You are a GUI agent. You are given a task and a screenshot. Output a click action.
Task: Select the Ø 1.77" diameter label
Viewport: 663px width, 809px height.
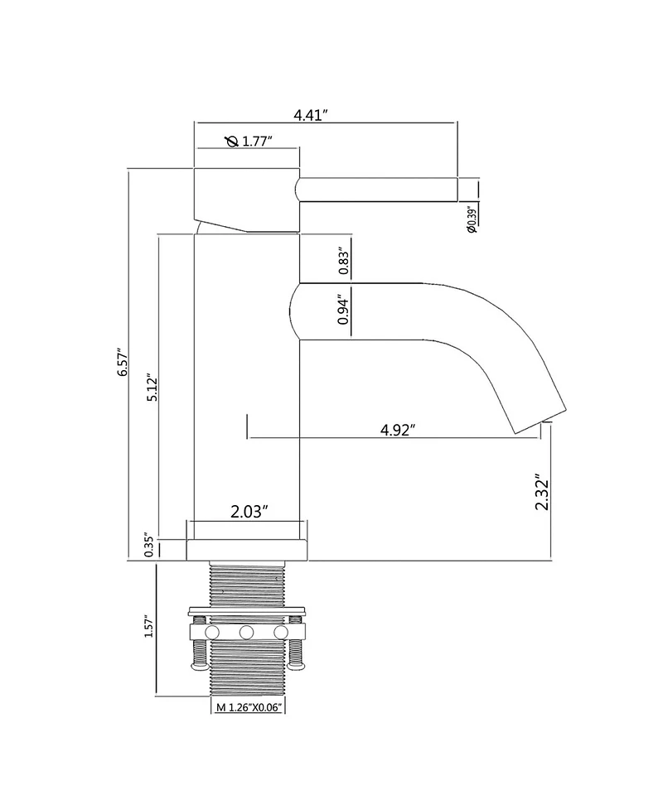(x=249, y=141)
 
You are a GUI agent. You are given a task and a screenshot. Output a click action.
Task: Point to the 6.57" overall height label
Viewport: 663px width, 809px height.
(x=123, y=361)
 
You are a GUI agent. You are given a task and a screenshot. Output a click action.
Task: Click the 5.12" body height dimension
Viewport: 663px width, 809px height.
(x=152, y=388)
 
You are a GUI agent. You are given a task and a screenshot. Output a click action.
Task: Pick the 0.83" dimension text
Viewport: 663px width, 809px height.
(x=345, y=262)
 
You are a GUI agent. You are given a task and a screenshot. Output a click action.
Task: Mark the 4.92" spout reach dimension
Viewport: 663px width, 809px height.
(x=398, y=429)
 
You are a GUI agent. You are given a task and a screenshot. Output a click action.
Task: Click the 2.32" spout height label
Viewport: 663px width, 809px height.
(x=542, y=492)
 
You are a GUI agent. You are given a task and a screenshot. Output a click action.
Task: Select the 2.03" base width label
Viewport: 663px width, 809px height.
(x=249, y=512)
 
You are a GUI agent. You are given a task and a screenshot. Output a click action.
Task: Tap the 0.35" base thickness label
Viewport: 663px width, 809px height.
(x=149, y=545)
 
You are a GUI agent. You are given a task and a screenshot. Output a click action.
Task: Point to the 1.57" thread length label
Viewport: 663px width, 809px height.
(x=149, y=625)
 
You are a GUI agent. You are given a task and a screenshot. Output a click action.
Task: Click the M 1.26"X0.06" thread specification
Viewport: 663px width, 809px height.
(x=249, y=707)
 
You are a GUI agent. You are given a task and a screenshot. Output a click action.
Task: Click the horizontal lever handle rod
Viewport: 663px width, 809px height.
(x=377, y=190)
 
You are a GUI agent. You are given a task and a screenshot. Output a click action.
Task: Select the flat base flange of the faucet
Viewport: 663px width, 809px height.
(x=246, y=550)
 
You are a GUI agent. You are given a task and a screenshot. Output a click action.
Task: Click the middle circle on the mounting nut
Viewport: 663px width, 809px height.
(x=246, y=632)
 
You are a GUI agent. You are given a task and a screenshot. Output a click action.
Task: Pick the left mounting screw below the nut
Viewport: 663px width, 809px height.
(x=199, y=655)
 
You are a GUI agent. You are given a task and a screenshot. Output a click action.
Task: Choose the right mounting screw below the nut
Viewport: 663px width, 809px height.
(x=295, y=655)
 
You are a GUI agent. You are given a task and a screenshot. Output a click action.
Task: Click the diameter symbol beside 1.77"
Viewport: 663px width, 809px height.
(x=232, y=141)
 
